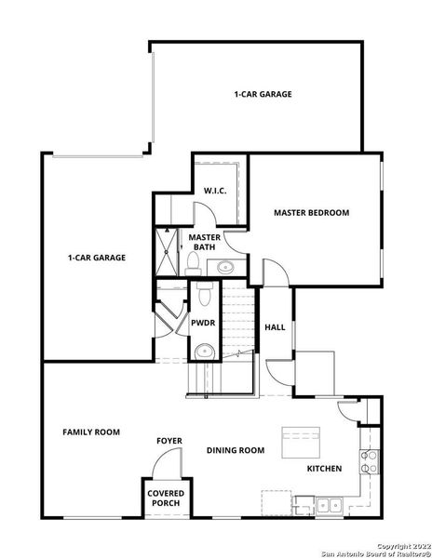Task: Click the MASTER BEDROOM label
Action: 311,213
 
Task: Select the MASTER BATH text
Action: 204,243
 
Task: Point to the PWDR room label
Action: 203,324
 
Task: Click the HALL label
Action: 275,327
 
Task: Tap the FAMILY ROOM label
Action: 91,432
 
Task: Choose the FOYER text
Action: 169,441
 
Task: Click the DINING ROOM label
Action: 236,450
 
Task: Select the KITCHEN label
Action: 324,468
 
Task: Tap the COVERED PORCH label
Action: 164,498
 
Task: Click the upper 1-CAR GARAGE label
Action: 263,94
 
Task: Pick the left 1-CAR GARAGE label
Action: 96,258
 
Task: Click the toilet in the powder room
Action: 203,297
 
